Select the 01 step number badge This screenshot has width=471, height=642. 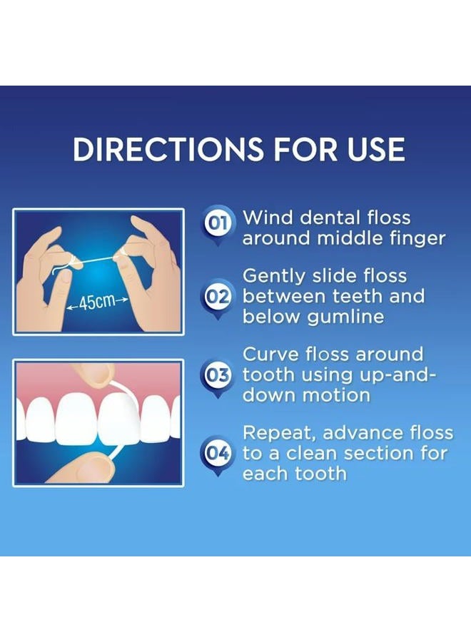[217, 224]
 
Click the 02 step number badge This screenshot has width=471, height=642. [217, 295]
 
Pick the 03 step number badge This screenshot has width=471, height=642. [217, 374]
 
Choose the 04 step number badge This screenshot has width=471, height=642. [217, 452]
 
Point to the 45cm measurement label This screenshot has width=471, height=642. [97, 302]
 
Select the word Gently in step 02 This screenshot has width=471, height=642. [275, 276]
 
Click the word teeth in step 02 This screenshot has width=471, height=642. [353, 296]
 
